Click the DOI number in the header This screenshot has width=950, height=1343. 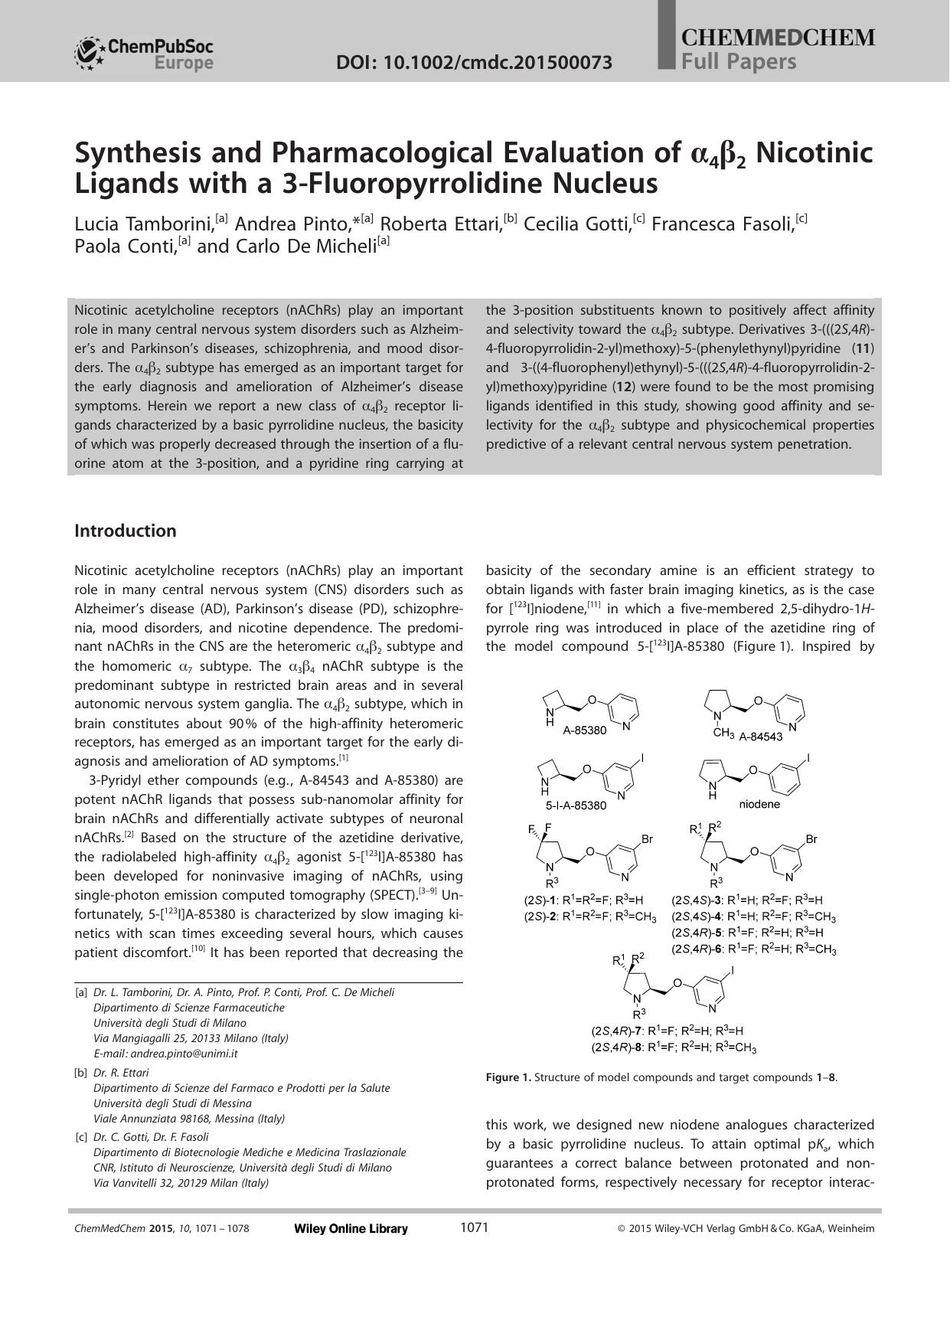[474, 63]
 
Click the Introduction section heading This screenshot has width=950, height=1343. [125, 531]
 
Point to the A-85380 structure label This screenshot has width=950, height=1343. [584, 730]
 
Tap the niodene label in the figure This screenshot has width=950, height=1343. [759, 804]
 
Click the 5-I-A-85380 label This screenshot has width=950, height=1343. [576, 805]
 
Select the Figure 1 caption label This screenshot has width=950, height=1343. [508, 1077]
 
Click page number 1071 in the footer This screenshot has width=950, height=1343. [474, 1228]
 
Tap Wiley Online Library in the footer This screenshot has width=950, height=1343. [351, 1229]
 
